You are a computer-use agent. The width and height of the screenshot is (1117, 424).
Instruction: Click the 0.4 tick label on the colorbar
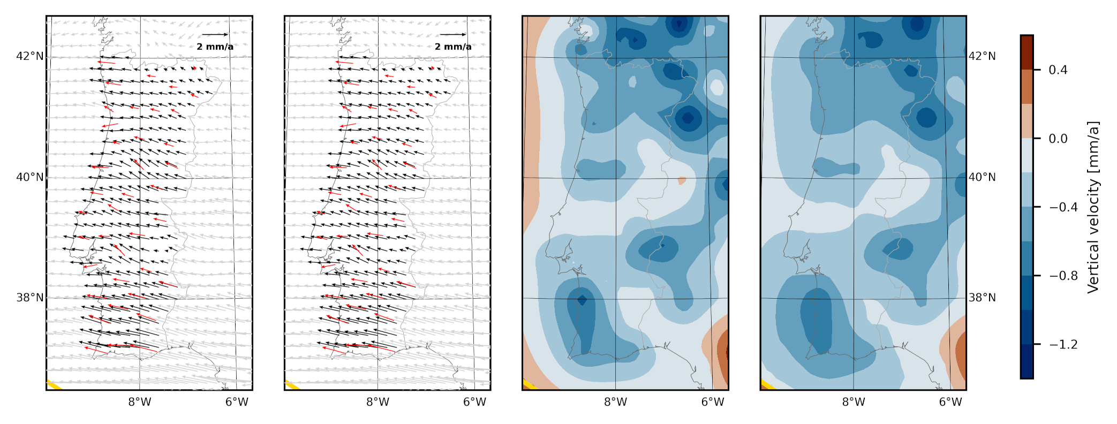(x=1058, y=70)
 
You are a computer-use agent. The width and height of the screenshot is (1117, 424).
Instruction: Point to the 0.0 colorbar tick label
(x=1058, y=139)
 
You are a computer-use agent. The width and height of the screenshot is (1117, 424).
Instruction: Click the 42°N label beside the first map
(x=29, y=56)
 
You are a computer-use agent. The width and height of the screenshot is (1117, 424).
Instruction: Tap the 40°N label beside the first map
(x=29, y=177)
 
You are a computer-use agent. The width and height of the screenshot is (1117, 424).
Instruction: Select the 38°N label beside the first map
(x=29, y=298)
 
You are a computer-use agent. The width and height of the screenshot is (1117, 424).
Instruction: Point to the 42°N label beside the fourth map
(x=982, y=56)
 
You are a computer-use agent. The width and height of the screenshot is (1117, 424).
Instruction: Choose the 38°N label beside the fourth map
(x=982, y=298)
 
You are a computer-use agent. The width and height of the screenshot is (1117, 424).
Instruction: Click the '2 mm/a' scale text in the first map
(x=215, y=47)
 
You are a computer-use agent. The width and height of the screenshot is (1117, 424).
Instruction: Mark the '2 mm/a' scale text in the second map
(x=453, y=47)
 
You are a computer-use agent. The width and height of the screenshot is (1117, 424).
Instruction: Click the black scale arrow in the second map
(x=453, y=35)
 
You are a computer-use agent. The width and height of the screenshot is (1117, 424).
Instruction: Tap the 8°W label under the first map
(x=140, y=402)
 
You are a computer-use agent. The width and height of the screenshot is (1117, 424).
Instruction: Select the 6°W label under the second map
(x=474, y=402)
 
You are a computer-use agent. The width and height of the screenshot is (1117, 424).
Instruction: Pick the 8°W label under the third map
(x=616, y=402)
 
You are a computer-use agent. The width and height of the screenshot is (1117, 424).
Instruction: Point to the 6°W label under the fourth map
(x=950, y=402)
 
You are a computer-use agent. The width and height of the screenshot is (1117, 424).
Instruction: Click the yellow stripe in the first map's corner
(x=54, y=385)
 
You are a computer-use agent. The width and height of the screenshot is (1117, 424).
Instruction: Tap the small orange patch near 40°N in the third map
(x=682, y=180)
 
